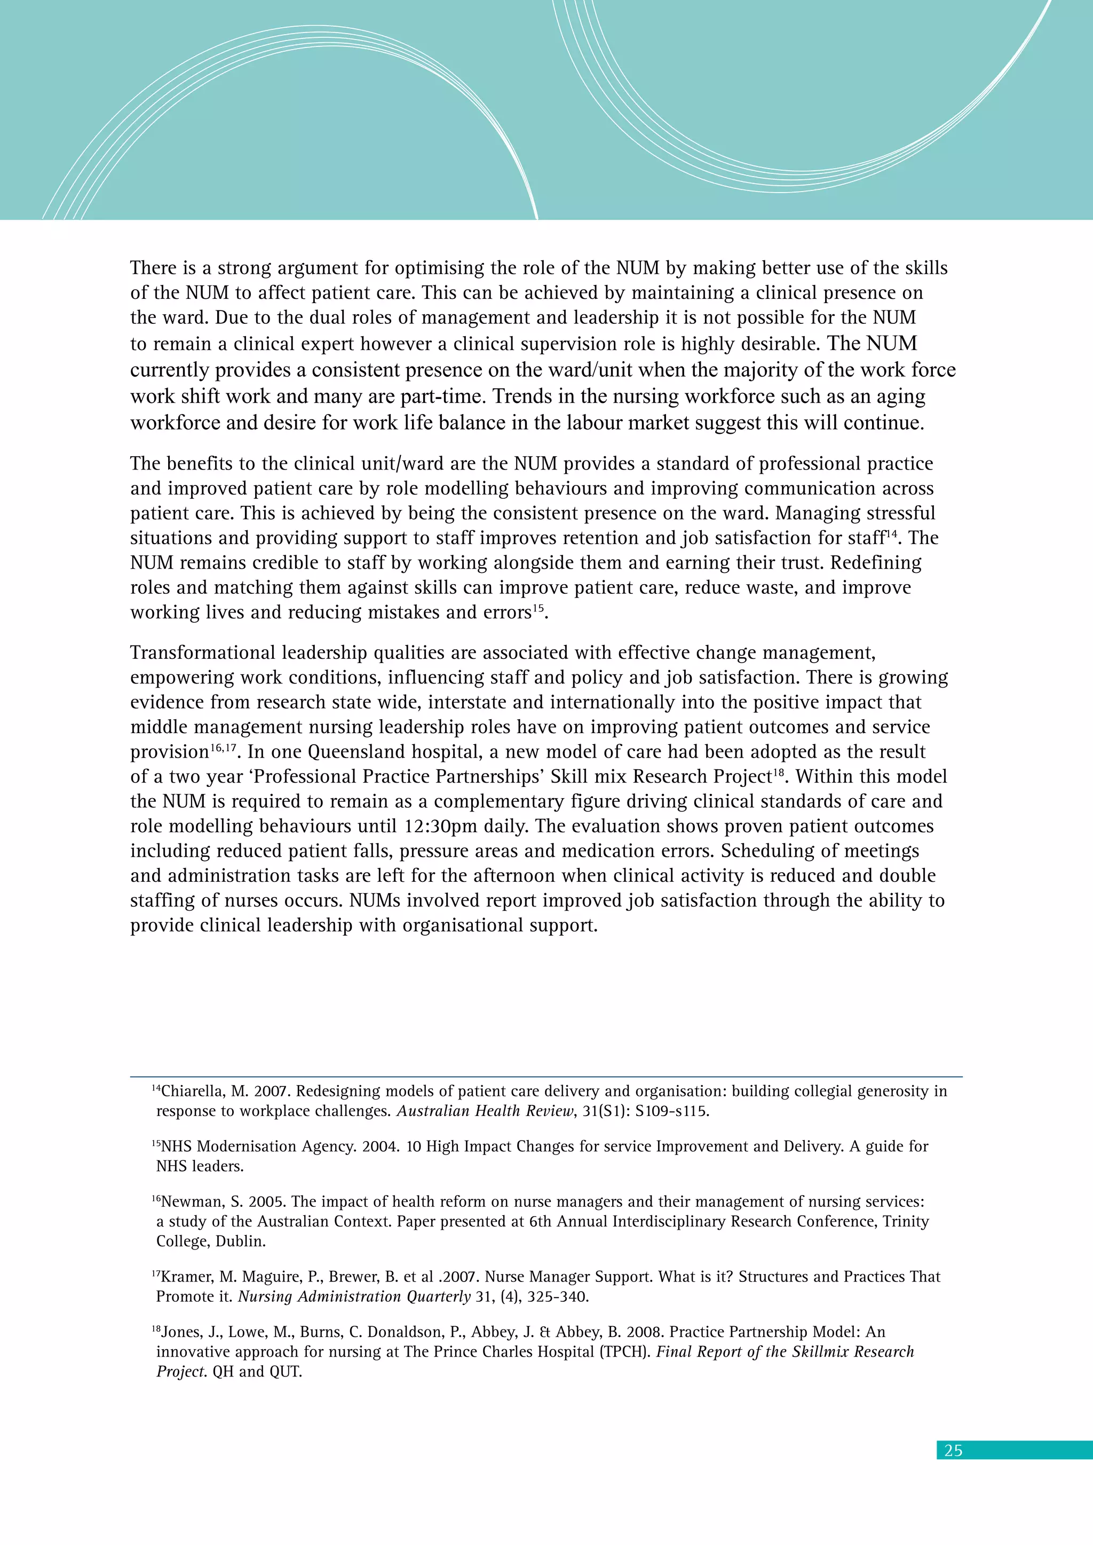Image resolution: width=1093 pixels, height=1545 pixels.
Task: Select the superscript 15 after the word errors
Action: pos(538,608)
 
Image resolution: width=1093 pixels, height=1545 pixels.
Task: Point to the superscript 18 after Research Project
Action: pos(779,772)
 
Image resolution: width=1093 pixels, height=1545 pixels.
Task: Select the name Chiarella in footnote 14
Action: pos(193,1091)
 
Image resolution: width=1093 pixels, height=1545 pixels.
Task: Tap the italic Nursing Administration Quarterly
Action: pos(354,1297)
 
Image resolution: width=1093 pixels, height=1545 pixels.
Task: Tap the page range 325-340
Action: pos(558,1297)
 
